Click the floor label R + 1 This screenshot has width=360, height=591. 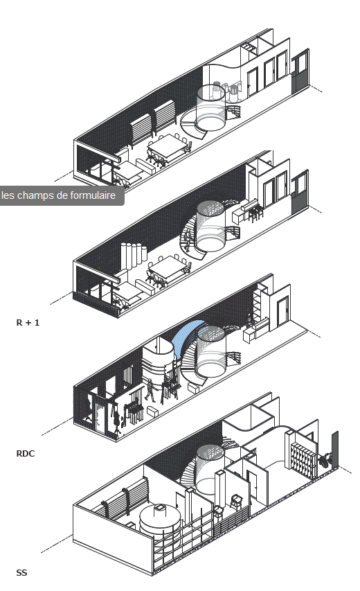pyautogui.click(x=28, y=323)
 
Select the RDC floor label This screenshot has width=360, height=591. pyautogui.click(x=26, y=453)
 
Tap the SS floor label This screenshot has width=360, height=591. pyautogui.click(x=22, y=572)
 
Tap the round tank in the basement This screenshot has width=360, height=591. pyautogui.click(x=160, y=522)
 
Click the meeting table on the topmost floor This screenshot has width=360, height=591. pyautogui.click(x=168, y=145)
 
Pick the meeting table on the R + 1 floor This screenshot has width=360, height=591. pyautogui.click(x=169, y=267)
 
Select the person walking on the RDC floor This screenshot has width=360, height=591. pyautogui.click(x=150, y=391)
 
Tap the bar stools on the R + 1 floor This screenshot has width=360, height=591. pyautogui.click(x=255, y=213)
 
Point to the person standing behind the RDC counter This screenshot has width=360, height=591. pyautogui.click(x=249, y=321)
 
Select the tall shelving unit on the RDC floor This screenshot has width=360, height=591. pyautogui.click(x=258, y=305)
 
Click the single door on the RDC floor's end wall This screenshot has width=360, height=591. pyautogui.click(x=282, y=311)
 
